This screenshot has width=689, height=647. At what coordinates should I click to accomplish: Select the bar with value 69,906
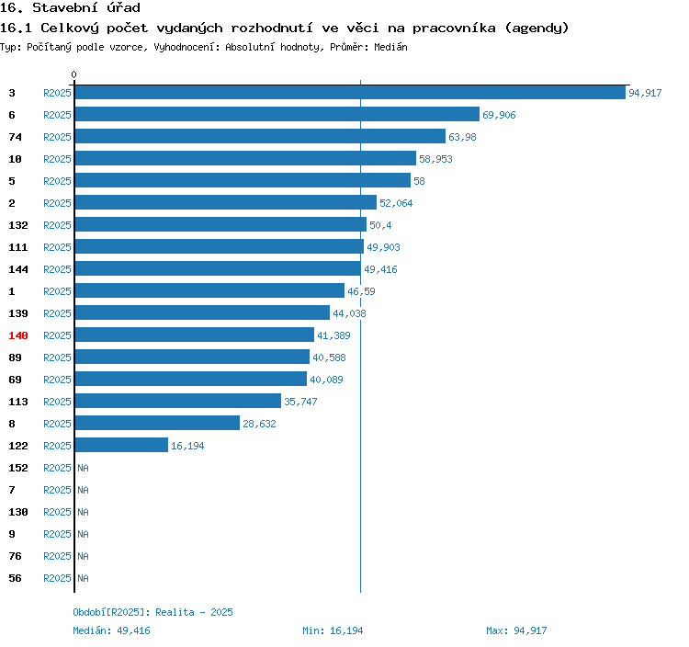tap(277, 115)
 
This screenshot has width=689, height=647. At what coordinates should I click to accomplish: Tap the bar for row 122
tap(121, 446)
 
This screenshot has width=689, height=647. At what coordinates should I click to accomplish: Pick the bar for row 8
tap(157, 424)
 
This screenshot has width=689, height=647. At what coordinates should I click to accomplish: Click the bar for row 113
tap(178, 402)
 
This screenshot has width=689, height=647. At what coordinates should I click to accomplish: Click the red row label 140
tap(18, 335)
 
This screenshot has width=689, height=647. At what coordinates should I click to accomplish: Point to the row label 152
tap(18, 468)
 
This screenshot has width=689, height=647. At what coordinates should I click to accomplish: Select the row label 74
tap(15, 137)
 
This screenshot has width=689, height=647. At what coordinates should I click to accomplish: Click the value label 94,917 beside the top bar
tap(645, 94)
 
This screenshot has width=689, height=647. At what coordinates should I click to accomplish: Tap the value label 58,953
tap(435, 160)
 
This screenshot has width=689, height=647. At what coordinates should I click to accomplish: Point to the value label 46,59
tap(361, 292)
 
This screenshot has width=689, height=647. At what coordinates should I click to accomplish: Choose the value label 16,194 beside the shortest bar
tap(187, 447)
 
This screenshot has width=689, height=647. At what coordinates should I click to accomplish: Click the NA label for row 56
tap(83, 579)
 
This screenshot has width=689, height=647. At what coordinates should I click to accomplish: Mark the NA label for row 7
tap(83, 491)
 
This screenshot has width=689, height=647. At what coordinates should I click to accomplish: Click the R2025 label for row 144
tap(57, 269)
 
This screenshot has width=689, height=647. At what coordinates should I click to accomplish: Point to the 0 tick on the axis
tap(74, 74)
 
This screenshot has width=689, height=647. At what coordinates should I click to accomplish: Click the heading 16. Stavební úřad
tap(70, 8)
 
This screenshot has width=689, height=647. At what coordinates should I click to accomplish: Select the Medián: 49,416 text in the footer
tap(111, 630)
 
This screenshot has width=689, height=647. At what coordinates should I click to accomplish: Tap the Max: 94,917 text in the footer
tap(516, 630)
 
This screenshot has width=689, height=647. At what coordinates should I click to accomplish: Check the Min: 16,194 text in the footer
tap(333, 630)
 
